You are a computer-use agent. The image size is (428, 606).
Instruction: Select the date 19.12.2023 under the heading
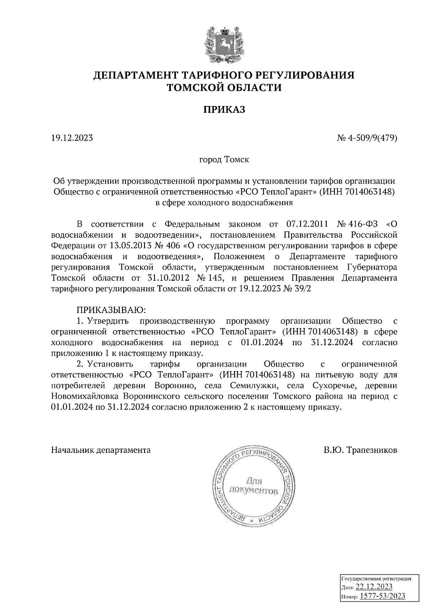(x=72, y=138)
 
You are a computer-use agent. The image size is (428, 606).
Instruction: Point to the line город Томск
(x=224, y=160)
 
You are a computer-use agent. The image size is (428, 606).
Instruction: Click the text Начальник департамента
(x=101, y=450)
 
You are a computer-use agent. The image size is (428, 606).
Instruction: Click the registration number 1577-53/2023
(x=382, y=596)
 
